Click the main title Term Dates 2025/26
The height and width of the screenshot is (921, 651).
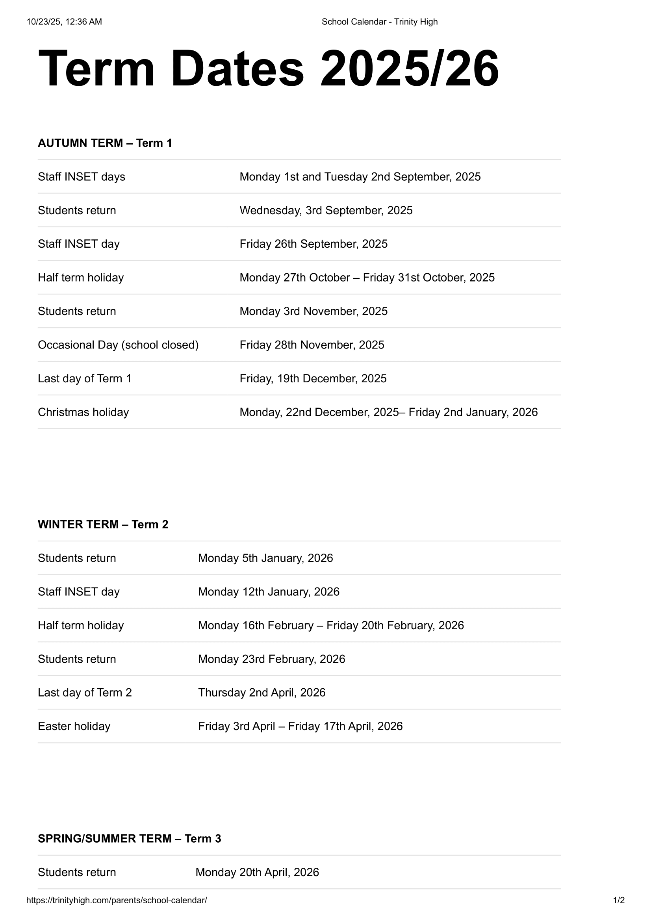pyautogui.click(x=268, y=69)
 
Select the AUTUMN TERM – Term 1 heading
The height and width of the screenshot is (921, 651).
pyautogui.click(x=105, y=143)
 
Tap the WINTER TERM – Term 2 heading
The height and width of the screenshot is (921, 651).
pyautogui.click(x=103, y=524)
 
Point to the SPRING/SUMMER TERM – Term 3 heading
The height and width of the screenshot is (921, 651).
pyautogui.click(x=129, y=838)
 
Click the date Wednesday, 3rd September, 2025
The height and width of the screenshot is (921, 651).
pyautogui.click(x=326, y=211)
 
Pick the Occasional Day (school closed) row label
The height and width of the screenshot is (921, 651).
pyautogui.click(x=118, y=345)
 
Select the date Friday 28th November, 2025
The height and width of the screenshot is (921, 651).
pyautogui.click(x=312, y=345)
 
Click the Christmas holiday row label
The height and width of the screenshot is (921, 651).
pyautogui.click(x=83, y=412)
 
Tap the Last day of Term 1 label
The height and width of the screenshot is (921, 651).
pyautogui.click(x=84, y=379)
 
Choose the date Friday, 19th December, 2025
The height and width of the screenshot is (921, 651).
pyautogui.click(x=313, y=379)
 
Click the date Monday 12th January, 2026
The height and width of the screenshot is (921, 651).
pyautogui.click(x=268, y=592)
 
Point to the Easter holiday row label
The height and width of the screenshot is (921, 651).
pyautogui.click(x=74, y=726)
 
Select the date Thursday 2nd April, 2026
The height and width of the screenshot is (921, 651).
pyautogui.click(x=262, y=692)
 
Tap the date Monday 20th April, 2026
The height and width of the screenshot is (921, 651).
pyautogui.click(x=257, y=872)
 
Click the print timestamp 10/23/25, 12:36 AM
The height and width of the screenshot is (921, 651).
pyautogui.click(x=64, y=22)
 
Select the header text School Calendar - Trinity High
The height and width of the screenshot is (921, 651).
pyautogui.click(x=379, y=22)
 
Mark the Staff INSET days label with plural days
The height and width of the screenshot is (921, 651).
pyautogui.click(x=82, y=177)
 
